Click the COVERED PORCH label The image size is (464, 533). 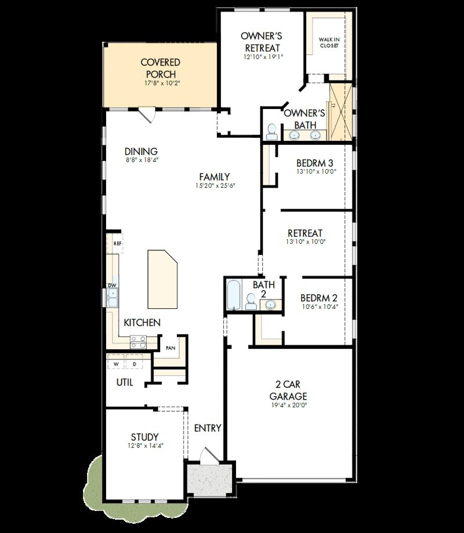coord(160,68)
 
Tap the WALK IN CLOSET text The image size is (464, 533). coord(329,42)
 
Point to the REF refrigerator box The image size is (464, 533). coord(117,243)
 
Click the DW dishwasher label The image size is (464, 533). coord(112,286)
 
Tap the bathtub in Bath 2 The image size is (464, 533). coord(233,295)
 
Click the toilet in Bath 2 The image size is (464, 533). coord(251,301)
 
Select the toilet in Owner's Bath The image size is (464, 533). coord(271,132)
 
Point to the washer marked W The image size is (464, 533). coord(116,364)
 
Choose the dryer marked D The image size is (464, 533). coord(134,364)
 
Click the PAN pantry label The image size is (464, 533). coord(171,348)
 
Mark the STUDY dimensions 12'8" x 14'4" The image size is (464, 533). coord(145,446)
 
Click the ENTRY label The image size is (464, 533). coord(208,428)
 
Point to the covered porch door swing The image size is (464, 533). coord(148,115)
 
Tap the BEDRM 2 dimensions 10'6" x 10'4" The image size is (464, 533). coord(318,307)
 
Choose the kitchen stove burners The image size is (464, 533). coord(137,342)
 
